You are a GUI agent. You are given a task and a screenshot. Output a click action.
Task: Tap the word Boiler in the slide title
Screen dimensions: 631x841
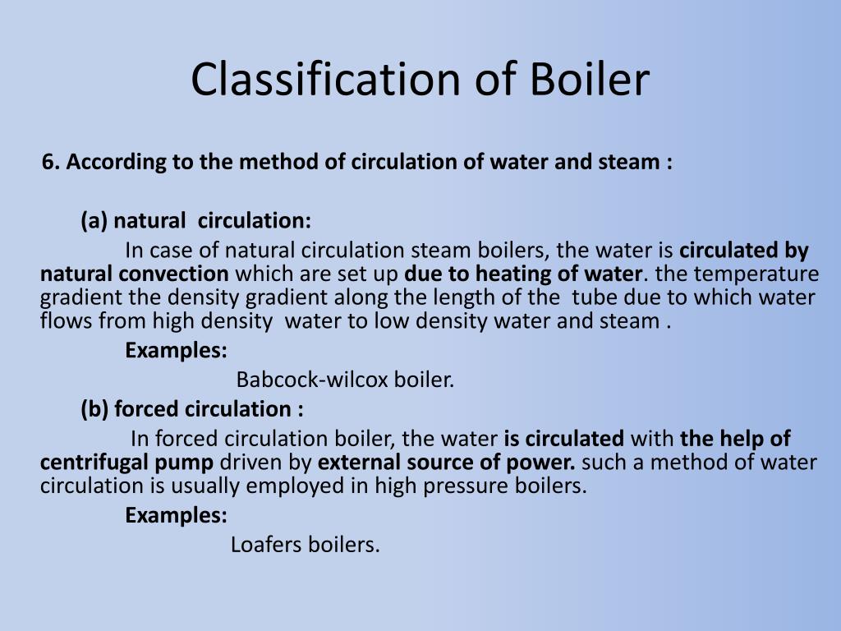589,80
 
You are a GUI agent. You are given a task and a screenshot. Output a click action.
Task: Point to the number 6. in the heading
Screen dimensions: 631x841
51,162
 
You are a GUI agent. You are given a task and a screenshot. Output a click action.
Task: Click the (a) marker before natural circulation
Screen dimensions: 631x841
94,221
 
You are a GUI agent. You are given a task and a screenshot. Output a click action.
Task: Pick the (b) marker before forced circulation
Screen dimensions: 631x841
95,408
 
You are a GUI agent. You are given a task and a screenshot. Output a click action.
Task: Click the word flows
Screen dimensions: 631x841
62,320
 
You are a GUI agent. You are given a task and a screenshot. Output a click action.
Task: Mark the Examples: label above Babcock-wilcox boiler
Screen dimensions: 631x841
177,350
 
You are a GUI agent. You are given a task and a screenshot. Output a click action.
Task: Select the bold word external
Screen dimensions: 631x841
354,462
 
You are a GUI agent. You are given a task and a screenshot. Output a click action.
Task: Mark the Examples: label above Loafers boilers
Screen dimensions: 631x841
177,515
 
